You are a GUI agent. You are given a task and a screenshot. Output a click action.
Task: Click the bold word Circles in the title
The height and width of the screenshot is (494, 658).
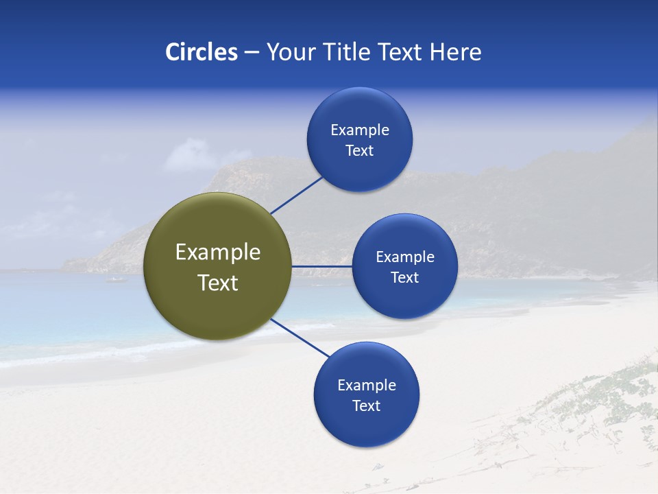click(202, 52)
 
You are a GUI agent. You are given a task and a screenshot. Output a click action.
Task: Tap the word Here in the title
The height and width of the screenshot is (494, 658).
click(455, 52)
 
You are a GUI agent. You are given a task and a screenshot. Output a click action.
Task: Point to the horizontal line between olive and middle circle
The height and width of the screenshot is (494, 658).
click(321, 266)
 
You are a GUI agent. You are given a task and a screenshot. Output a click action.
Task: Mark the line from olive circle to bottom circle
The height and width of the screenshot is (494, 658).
click(300, 338)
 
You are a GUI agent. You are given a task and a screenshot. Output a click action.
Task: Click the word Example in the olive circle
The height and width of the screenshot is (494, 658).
click(218, 252)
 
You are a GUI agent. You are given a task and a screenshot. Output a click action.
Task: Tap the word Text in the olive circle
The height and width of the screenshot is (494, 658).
click(218, 283)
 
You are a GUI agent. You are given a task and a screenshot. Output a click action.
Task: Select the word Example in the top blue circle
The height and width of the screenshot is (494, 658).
click(360, 130)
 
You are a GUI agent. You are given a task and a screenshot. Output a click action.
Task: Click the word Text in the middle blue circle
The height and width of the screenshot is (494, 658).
click(404, 278)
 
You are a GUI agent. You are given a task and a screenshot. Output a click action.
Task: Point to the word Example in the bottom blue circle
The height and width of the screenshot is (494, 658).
click(367, 386)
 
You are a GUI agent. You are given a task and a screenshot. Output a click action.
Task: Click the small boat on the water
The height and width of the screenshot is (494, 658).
click(116, 279)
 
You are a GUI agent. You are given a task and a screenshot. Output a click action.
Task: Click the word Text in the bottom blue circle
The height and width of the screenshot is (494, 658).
click(367, 406)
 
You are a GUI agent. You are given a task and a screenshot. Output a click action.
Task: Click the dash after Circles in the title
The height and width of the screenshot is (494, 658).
click(251, 53)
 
